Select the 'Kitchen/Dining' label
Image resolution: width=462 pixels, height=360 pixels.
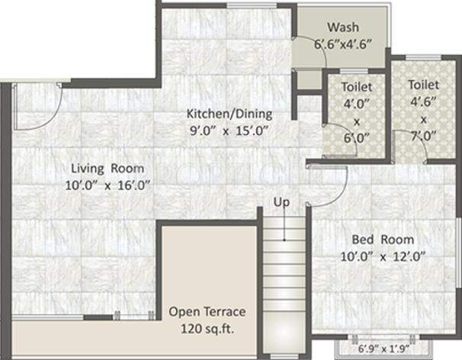coord(229,114)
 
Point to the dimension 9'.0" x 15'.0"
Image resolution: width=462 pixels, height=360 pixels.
coord(229,130)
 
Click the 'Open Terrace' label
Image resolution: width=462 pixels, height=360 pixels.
coord(207,311)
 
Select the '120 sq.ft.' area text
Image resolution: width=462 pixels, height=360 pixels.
coord(207,327)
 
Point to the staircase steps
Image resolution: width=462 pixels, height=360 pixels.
coord(286,275)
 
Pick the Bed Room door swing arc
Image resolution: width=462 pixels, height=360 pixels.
coord(329,183)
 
